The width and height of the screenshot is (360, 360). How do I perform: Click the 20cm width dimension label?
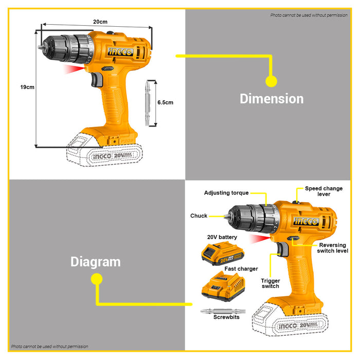pyautogui.click(x=100, y=22)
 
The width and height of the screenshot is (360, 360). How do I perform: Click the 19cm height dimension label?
pyautogui.click(x=27, y=87)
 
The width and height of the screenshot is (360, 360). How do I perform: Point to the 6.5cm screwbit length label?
pyautogui.click(x=166, y=102)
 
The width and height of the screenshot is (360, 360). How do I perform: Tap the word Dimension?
pyautogui.click(x=272, y=99)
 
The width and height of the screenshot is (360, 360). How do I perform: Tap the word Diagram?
pyautogui.click(x=96, y=262)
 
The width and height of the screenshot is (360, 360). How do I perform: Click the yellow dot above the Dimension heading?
pyautogui.click(x=271, y=81)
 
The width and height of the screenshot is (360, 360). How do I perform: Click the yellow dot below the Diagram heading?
pyautogui.click(x=96, y=279)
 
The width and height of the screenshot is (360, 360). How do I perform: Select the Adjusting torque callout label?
pyautogui.click(x=226, y=193)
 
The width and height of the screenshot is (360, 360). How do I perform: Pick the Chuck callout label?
pyautogui.click(x=199, y=216)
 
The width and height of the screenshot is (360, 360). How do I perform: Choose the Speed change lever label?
pyautogui.click(x=325, y=191)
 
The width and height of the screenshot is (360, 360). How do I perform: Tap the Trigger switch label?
pyautogui.click(x=270, y=283)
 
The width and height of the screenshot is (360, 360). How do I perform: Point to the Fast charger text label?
pyautogui.click(x=241, y=268)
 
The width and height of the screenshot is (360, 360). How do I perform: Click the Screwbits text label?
pyautogui.click(x=226, y=317)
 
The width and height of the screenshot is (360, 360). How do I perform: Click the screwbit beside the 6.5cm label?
pyautogui.click(x=150, y=103)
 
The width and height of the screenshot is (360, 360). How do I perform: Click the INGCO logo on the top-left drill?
pyautogui.click(x=120, y=51)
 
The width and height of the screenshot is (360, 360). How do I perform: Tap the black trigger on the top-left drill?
pyautogui.click(x=96, y=80)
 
